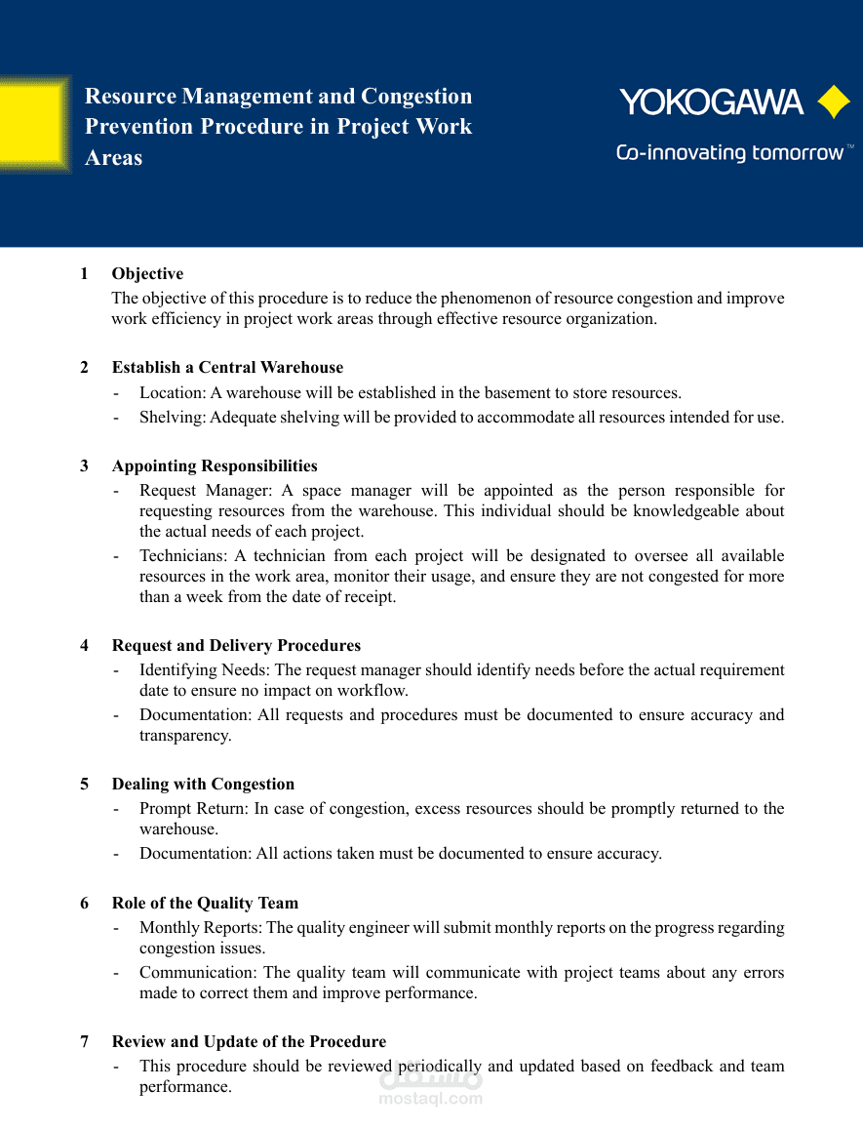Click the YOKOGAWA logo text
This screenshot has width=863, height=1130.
pos(711,102)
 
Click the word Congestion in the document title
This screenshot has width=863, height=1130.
pos(416,96)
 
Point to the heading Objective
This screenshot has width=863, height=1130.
pos(147,273)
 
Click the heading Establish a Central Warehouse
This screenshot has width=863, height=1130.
pos(227,367)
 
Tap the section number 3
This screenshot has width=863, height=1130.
pos(84,465)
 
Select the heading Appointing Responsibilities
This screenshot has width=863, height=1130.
pos(215,465)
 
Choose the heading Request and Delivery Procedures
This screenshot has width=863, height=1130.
pos(236,645)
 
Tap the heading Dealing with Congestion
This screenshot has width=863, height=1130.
pos(203,784)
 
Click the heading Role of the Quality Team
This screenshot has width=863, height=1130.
pos(205,903)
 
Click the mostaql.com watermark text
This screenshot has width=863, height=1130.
pos(430,1099)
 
